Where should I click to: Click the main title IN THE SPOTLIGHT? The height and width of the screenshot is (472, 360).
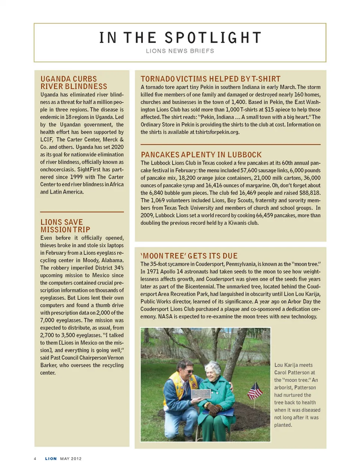coord(180,38)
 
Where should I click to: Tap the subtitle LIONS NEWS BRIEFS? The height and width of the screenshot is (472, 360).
coord(180,51)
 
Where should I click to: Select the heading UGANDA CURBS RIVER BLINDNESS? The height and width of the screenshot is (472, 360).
coord(74,83)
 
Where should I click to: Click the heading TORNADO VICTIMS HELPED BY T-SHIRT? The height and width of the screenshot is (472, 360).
coord(210,79)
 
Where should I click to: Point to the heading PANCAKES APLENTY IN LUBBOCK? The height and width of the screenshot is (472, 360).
coord(201,155)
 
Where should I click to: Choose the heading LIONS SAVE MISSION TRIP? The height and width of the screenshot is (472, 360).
coord(65,226)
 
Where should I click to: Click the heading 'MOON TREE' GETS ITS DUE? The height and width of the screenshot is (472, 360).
coord(189,256)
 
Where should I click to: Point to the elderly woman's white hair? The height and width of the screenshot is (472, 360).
coord(213,367)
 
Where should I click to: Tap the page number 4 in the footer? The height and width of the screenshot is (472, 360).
coord(35,459)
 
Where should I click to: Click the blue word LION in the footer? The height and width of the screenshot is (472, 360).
coord(51,459)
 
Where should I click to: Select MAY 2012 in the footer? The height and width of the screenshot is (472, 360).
coord(71,459)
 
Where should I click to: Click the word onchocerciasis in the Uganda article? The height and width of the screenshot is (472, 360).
coord(57,170)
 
